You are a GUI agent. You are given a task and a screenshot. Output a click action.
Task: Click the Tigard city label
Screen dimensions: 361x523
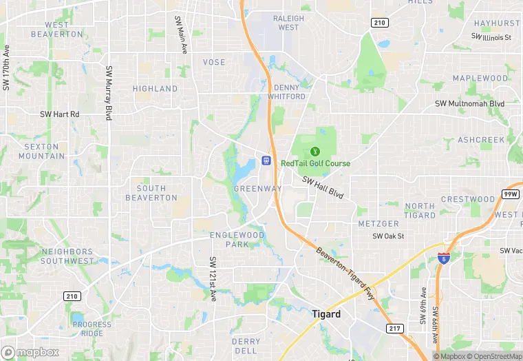coord(326,314)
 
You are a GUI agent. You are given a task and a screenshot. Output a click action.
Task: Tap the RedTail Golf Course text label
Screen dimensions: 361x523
coord(315,163)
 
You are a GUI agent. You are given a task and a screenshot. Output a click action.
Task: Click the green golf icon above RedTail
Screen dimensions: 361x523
coord(315,151)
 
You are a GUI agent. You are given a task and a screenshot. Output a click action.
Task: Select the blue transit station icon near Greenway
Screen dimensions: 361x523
coord(266,161)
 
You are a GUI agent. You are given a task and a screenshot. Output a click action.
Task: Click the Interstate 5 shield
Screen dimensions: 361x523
coord(444,258)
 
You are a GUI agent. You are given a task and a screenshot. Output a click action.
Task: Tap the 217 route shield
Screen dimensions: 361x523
coord(394,329)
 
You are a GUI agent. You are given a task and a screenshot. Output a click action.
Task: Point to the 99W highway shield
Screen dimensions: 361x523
coord(510,195)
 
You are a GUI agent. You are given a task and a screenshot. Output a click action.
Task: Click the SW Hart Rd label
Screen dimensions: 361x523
coord(60,114)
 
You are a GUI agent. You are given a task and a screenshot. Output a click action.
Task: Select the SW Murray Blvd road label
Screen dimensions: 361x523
coord(109,93)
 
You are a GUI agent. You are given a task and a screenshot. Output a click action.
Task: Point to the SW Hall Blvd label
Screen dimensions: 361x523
coord(322,187)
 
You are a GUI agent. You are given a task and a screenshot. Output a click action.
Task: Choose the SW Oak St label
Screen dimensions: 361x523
coord(388,236)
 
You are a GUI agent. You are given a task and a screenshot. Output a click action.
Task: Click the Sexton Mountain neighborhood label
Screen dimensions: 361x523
coord(42,151)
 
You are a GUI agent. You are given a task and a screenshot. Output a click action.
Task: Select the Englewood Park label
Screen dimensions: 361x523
coord(246,240)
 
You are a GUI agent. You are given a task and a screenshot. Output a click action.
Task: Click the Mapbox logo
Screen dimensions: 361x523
coord(30,352)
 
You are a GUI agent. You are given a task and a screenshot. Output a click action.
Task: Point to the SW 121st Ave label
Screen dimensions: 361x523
coord(213,278)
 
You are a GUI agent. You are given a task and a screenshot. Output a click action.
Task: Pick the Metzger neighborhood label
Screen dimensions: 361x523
coord(378,224)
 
